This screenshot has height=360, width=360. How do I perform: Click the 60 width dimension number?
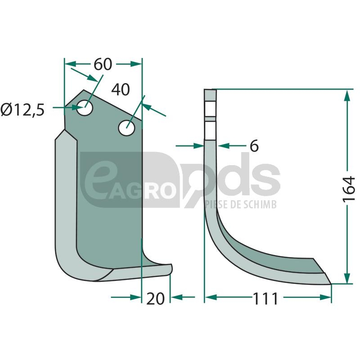pyautogui.click(x=103, y=64)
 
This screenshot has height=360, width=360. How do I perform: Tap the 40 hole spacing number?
pyautogui.click(x=121, y=90)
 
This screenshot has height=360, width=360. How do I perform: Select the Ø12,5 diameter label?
pyautogui.click(x=22, y=110)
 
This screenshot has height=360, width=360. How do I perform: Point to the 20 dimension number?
pyautogui.click(x=155, y=299)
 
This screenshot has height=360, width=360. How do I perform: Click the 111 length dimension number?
pyautogui.click(x=265, y=299)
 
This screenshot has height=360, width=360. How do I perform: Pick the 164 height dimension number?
pyautogui.click(x=349, y=189)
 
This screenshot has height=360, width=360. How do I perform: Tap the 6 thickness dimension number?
pyautogui.click(x=254, y=146)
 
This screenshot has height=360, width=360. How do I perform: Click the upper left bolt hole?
pyautogui.click(x=85, y=108)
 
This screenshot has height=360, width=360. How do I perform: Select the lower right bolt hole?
pyautogui.click(x=126, y=128)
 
